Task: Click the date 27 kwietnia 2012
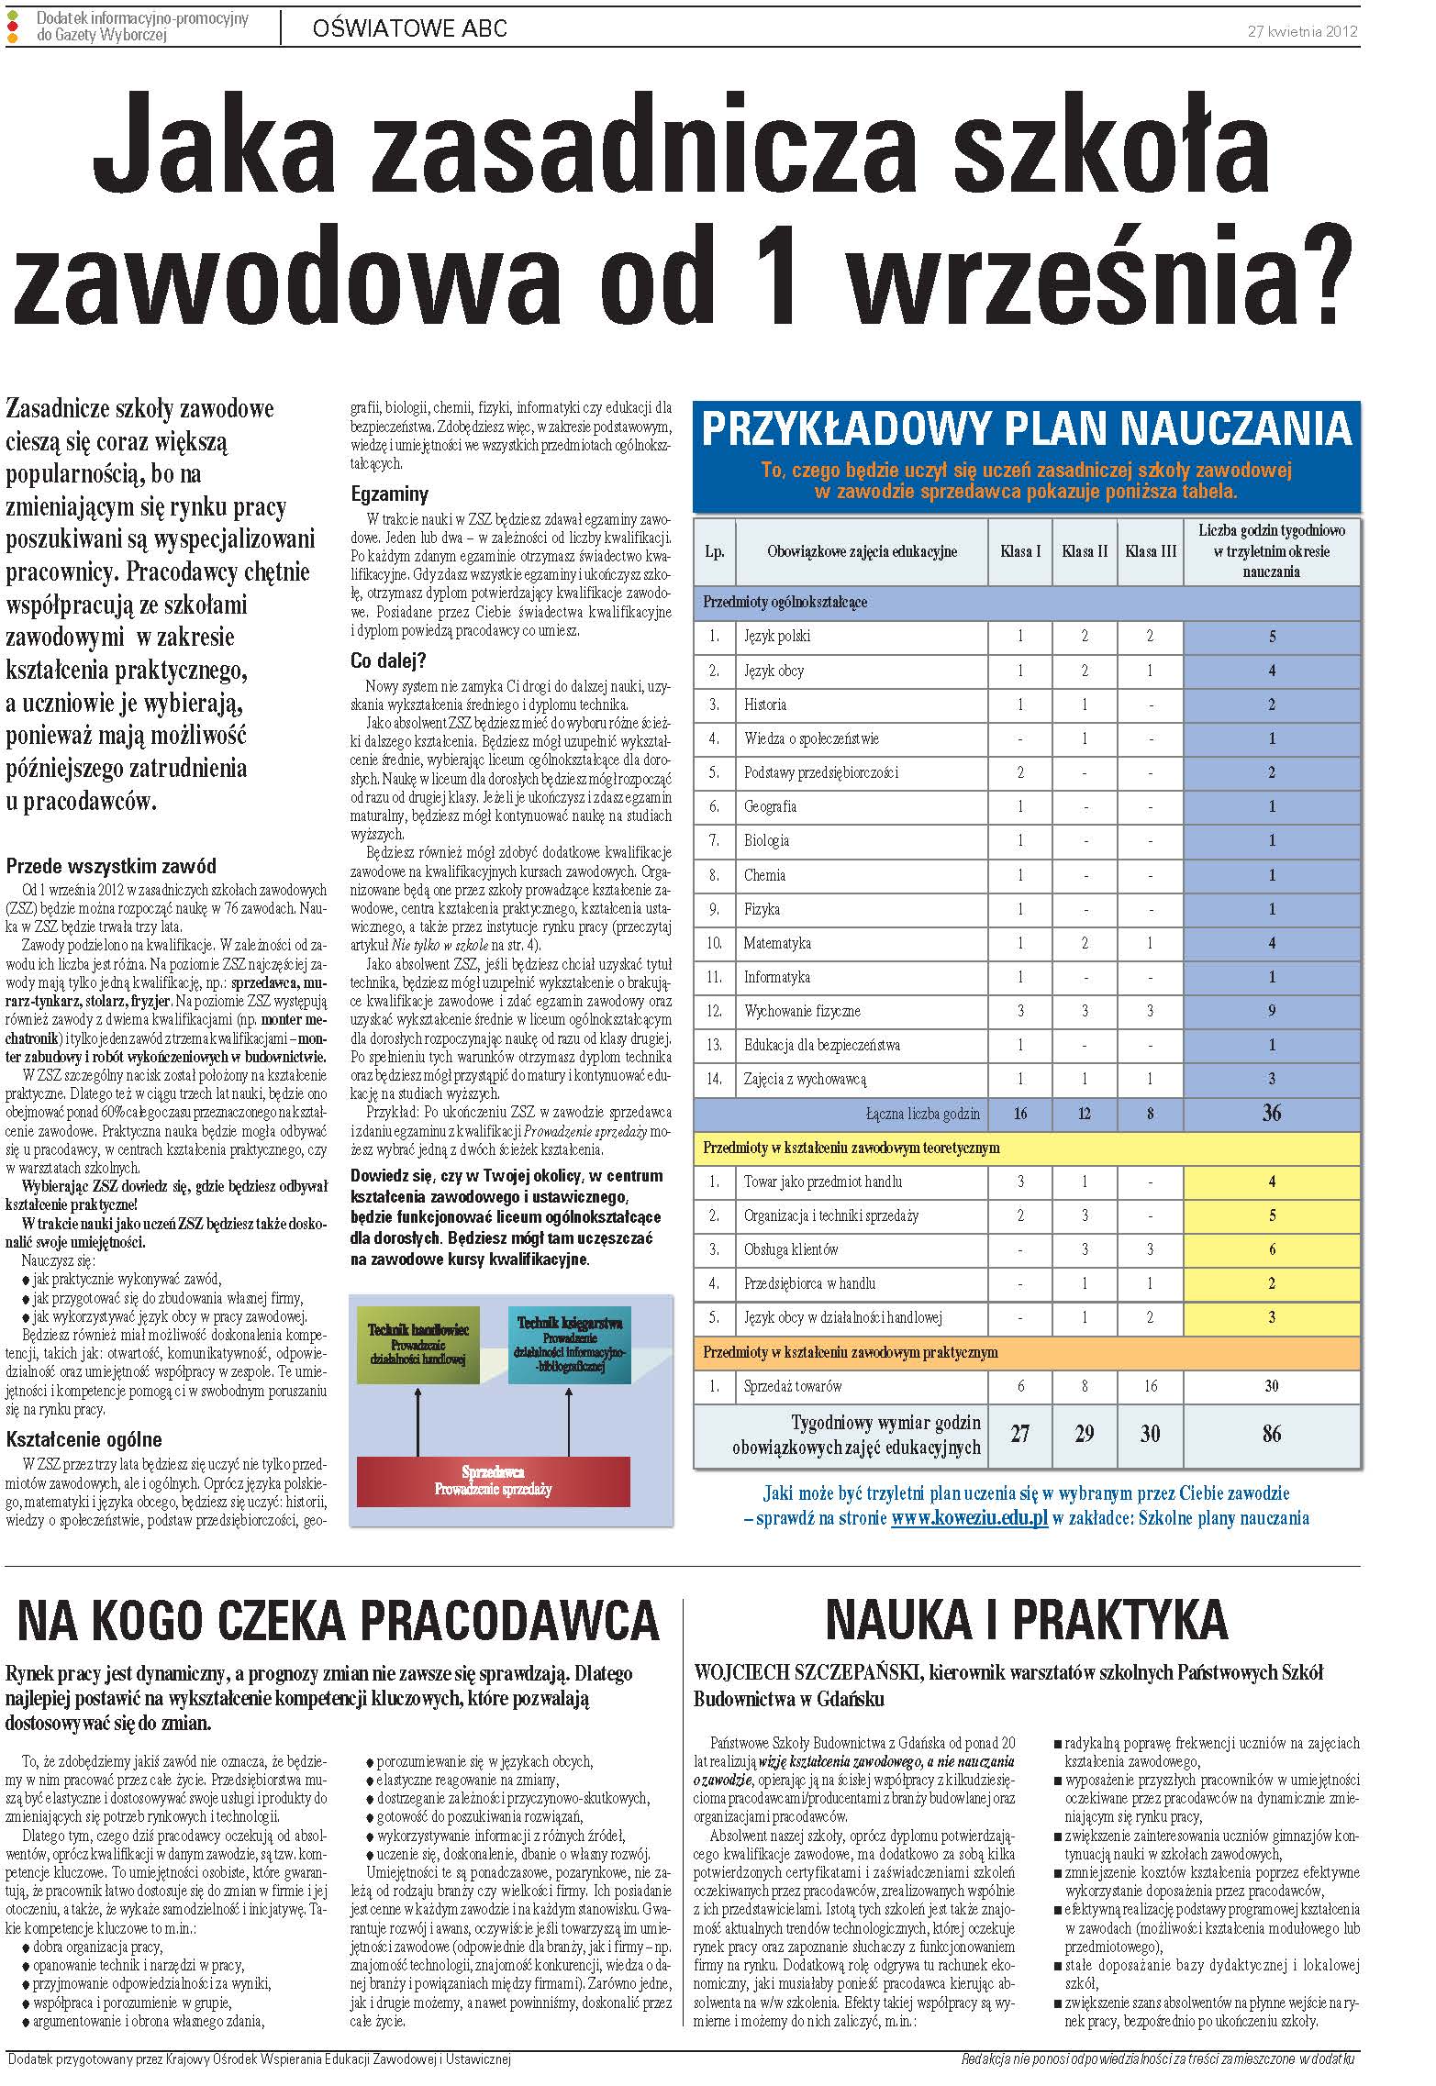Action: [x=1302, y=30]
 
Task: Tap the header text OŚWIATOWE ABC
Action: [x=409, y=29]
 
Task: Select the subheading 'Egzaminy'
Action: [x=390, y=494]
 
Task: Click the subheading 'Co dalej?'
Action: [x=389, y=660]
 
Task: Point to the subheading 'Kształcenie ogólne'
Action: [x=83, y=1439]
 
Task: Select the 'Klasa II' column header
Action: [x=1085, y=552]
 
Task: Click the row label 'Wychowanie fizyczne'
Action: [x=802, y=1011]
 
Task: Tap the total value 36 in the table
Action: [x=1271, y=1114]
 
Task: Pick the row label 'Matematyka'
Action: [x=777, y=943]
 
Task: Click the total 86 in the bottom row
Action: [x=1271, y=1434]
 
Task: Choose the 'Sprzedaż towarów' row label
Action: [x=793, y=1386]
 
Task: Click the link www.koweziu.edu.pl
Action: [x=969, y=1518]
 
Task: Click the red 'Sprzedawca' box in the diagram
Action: [x=493, y=1481]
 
